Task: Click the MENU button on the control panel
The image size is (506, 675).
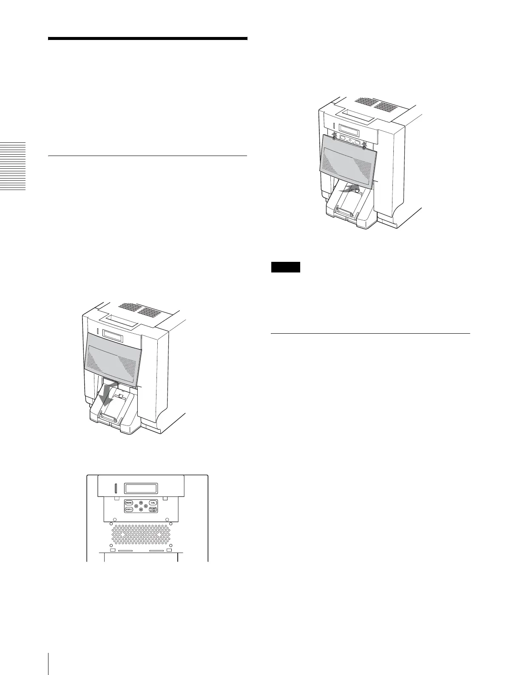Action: tap(129, 502)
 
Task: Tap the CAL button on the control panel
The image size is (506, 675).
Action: tap(153, 502)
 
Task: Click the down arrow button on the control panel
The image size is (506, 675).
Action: tap(141, 509)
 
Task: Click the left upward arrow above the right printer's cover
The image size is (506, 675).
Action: tap(335, 135)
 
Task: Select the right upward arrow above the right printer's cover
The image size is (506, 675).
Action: tap(364, 145)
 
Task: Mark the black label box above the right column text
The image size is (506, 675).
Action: tap(286, 267)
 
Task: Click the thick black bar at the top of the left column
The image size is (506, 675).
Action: tap(148, 39)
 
